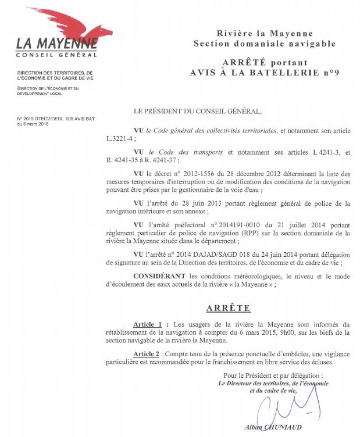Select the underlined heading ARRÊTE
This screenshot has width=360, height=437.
pyautogui.click(x=228, y=308)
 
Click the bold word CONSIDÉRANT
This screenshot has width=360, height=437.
pyautogui.click(x=161, y=275)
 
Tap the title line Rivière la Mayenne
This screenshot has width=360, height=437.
pyautogui.click(x=265, y=34)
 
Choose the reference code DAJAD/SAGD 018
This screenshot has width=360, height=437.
pyautogui.click(x=212, y=254)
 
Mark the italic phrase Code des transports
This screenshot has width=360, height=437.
pyautogui.click(x=191, y=152)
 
